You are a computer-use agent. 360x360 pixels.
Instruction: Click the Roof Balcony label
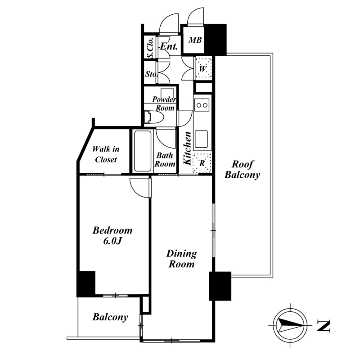[x=242, y=170]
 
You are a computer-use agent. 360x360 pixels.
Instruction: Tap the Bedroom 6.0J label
[x=112, y=235]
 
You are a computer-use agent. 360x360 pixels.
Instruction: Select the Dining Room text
[x=181, y=259]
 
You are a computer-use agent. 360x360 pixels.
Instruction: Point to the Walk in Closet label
[x=106, y=154]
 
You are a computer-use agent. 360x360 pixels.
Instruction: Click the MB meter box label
[x=195, y=40]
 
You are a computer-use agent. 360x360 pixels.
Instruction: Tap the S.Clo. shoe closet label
[x=150, y=48]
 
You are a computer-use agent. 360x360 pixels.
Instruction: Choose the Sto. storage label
[x=152, y=74]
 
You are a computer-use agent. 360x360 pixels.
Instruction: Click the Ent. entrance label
[x=168, y=46]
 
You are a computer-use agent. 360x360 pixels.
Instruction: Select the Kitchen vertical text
[x=187, y=148]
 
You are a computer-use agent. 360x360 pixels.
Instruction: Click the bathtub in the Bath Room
[x=143, y=151]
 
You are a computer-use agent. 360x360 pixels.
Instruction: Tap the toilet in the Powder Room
[x=153, y=117]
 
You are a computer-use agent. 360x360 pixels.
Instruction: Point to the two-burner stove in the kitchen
[x=202, y=105]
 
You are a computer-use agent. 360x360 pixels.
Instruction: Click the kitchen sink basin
[x=201, y=139]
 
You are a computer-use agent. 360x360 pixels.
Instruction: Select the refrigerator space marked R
[x=202, y=163]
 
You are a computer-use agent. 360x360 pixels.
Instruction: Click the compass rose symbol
[x=290, y=325]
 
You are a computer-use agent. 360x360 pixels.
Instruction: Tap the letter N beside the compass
[x=324, y=325]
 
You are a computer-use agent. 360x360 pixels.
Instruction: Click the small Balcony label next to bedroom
[x=110, y=317]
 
